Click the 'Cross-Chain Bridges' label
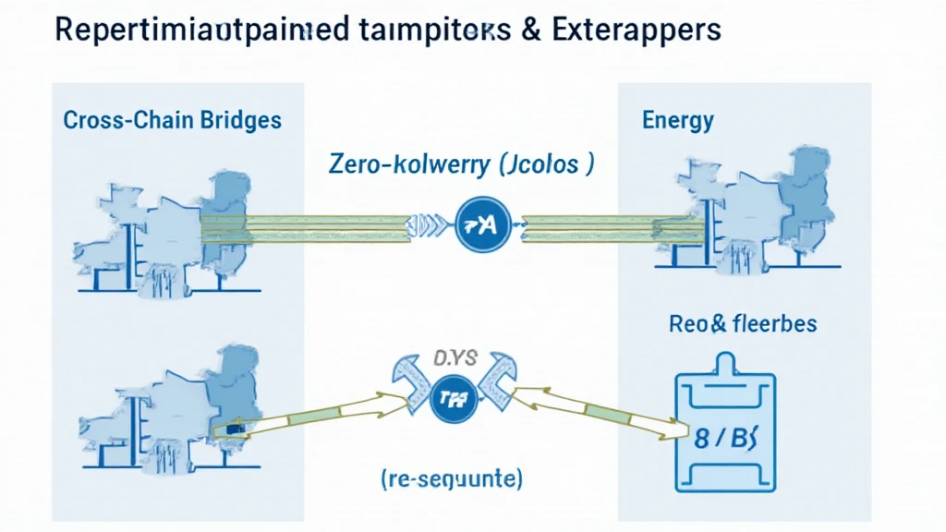pyautogui.click(x=172, y=120)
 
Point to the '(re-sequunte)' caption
pyautogui.click(x=451, y=479)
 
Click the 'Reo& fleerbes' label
pyautogui.click(x=742, y=324)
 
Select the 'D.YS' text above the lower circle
pyautogui.click(x=455, y=358)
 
